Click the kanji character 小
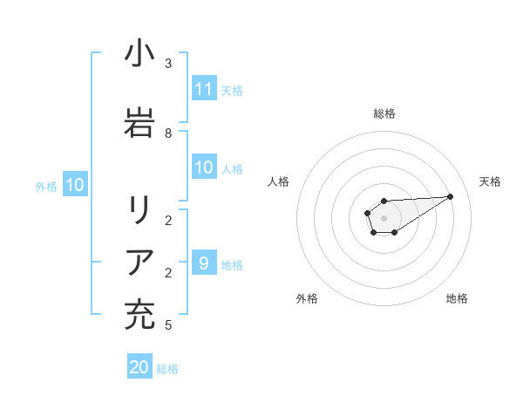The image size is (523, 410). [x=139, y=55]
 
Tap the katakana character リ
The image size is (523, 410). [x=139, y=210]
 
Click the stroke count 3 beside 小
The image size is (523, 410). [x=168, y=64]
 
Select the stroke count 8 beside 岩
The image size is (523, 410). [x=168, y=133]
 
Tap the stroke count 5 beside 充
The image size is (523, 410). [x=168, y=325]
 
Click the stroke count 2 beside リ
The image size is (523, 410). [x=168, y=220]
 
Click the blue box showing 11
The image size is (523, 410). [x=203, y=89]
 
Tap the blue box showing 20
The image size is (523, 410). [x=139, y=368]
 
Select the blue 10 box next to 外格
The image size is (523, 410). [x=74, y=185]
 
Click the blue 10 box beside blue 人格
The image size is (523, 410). [x=203, y=168]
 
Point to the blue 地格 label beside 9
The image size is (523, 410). [x=232, y=264]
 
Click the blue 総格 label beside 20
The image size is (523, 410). [x=167, y=369]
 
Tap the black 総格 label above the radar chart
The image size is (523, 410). [x=384, y=113]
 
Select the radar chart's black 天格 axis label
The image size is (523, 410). [x=490, y=181]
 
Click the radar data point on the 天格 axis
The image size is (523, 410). [x=451, y=196]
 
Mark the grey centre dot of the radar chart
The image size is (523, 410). [x=384, y=216]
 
